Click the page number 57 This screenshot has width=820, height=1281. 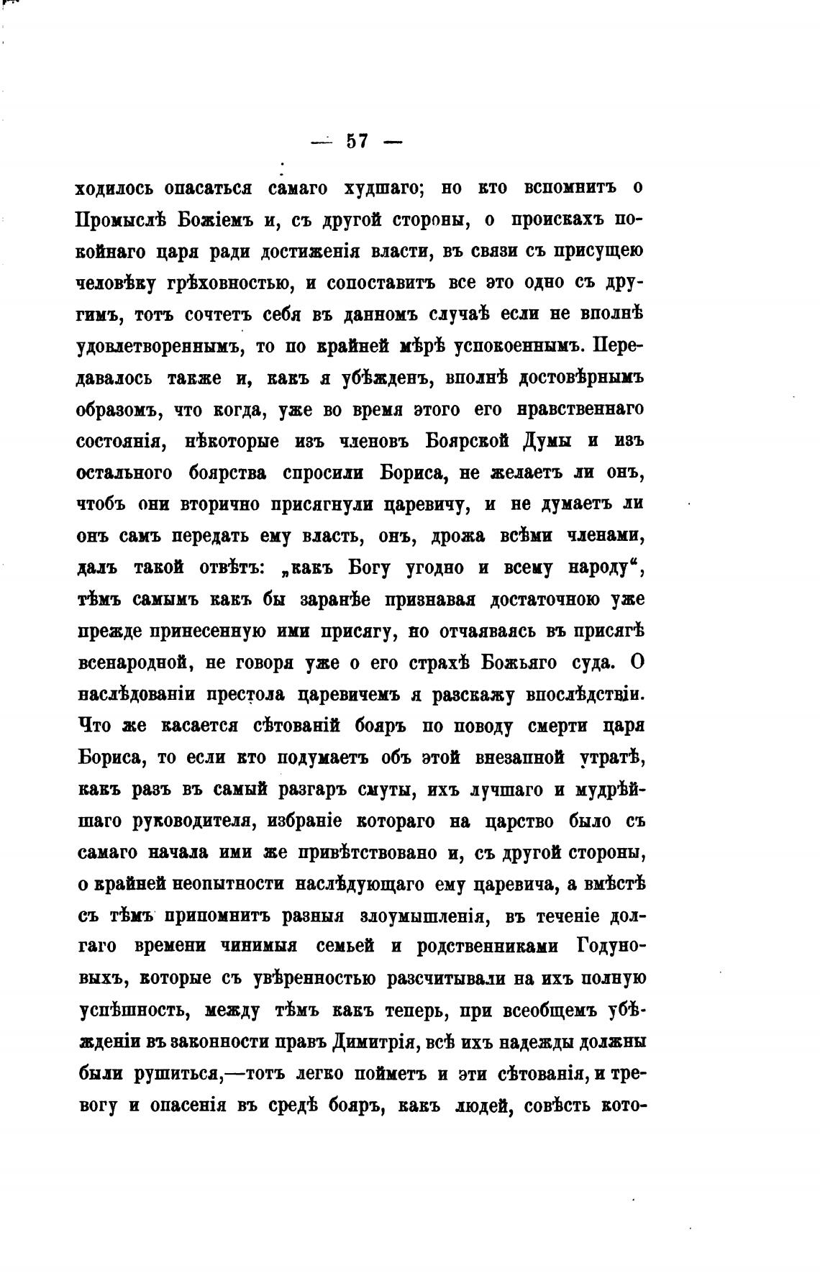pos(357,142)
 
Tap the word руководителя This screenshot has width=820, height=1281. pos(194,821)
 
